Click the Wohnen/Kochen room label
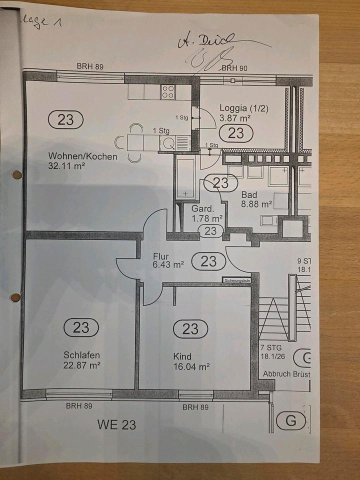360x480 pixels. click(x=83, y=156)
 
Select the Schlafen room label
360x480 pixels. click(x=81, y=355)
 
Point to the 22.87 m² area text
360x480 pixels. click(x=82, y=365)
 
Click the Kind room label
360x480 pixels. click(x=182, y=356)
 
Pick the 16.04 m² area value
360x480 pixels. click(x=191, y=366)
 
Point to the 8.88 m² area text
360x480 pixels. click(x=256, y=204)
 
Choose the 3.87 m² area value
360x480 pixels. click(x=235, y=118)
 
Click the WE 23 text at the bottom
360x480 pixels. click(x=116, y=425)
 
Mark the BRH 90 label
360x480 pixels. click(x=234, y=68)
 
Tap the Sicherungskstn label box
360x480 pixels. click(x=236, y=280)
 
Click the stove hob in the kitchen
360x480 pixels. click(x=168, y=91)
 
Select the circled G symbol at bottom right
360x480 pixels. click(x=290, y=421)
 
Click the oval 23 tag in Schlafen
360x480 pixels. click(x=81, y=327)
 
